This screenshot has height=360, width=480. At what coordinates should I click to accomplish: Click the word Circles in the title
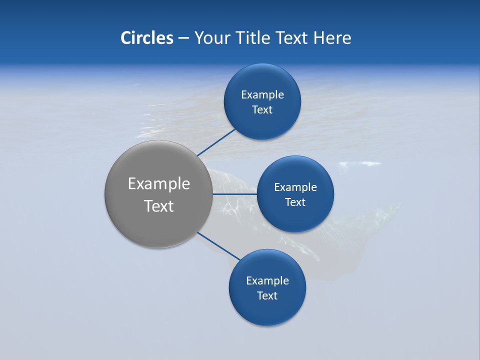coord(146,38)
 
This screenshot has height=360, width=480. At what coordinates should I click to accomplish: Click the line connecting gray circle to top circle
coord(216,142)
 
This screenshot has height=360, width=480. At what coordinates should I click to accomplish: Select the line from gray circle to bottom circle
coord(218,246)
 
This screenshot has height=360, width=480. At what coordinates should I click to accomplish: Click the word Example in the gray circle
coord(158,184)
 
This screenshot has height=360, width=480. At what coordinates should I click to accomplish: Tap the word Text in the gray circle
coord(158,206)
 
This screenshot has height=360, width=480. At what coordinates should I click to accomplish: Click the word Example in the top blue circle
coord(262,95)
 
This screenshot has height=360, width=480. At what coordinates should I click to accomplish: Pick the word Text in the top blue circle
coord(262,110)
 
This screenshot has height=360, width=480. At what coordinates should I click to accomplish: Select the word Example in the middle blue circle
coord(295,187)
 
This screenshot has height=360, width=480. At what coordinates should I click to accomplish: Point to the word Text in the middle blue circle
coord(295,202)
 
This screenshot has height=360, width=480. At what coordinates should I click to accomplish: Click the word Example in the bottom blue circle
coord(267,281)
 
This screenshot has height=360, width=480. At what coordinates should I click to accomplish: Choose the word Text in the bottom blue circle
coord(267,296)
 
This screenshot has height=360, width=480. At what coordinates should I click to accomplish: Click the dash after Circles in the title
coord(183,38)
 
